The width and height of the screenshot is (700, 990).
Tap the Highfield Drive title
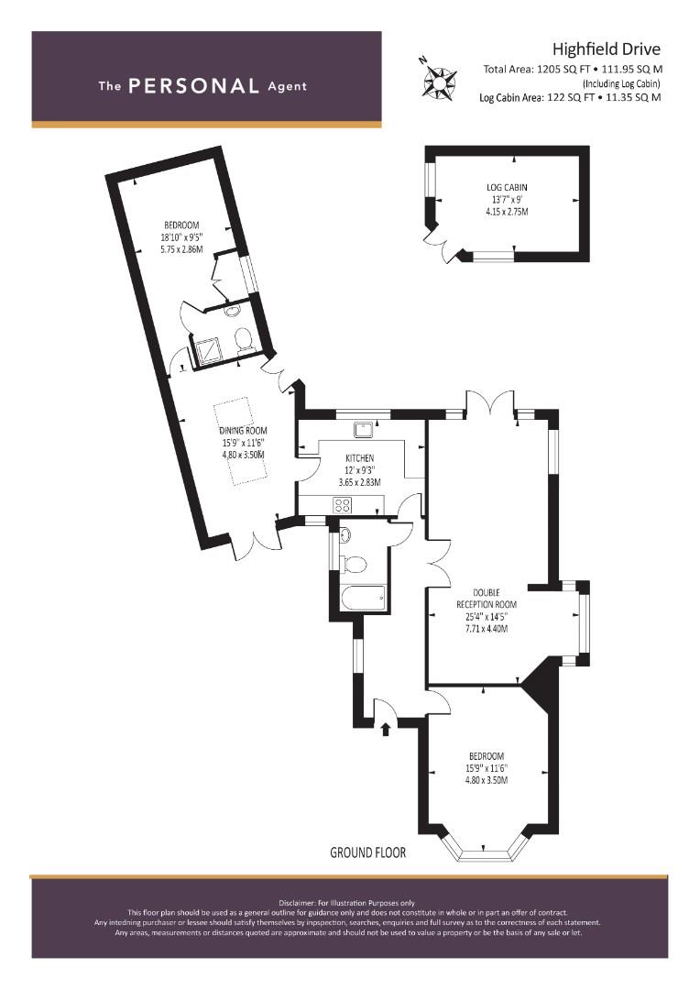(x=607, y=49)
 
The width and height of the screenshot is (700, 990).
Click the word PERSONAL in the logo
(x=193, y=86)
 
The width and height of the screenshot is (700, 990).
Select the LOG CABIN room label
(x=507, y=188)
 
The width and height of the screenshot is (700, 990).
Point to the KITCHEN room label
(x=360, y=458)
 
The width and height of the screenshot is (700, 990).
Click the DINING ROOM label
(x=243, y=431)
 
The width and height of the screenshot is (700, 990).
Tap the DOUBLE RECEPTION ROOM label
(x=487, y=599)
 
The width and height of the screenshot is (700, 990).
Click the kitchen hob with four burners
(x=343, y=505)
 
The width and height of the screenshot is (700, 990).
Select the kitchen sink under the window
(x=365, y=430)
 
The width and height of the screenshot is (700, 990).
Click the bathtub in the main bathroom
(x=362, y=598)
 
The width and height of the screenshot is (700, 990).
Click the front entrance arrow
(x=386, y=730)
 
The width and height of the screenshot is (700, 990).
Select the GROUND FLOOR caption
(x=368, y=852)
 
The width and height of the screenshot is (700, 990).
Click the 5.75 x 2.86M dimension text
(x=181, y=249)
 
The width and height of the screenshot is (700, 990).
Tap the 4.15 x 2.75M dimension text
(x=507, y=212)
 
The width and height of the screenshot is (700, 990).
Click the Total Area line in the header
(x=573, y=70)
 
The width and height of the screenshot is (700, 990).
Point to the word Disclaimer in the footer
(x=295, y=903)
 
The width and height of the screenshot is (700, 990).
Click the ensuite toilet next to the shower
(x=243, y=339)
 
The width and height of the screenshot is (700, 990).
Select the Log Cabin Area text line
(x=570, y=97)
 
